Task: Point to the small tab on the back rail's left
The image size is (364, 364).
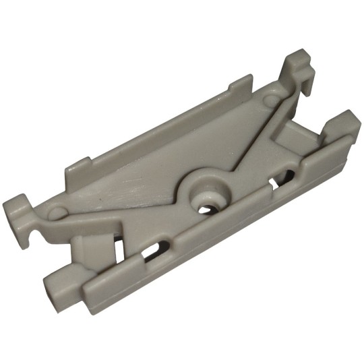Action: [80, 164]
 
